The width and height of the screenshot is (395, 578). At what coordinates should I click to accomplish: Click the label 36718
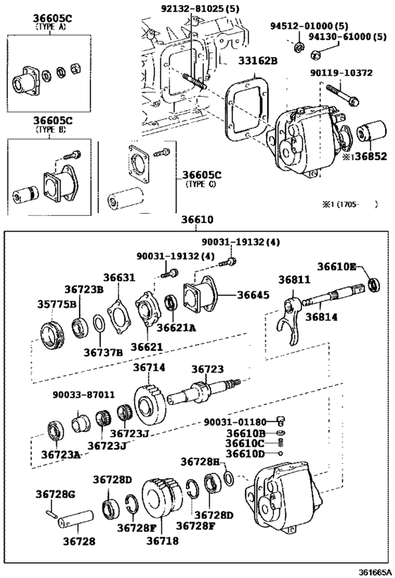pos(162,541)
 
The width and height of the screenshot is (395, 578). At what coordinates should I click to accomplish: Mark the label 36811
pos(294,280)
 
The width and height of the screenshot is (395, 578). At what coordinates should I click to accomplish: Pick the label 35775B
pos(52,305)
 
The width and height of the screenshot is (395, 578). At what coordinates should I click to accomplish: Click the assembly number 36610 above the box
pos(197,220)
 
